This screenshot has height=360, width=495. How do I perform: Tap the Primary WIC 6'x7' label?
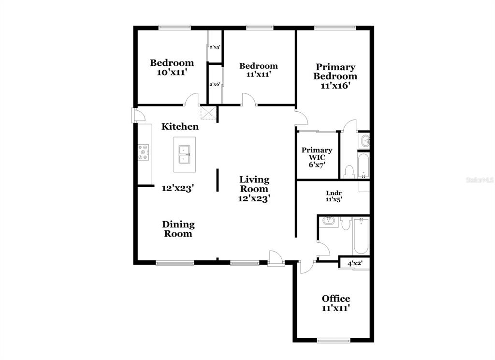(x=317, y=157)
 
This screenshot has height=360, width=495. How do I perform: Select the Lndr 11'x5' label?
(x=334, y=196)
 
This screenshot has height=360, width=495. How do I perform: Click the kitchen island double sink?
(x=184, y=154)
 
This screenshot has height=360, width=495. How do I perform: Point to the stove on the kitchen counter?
(x=143, y=152)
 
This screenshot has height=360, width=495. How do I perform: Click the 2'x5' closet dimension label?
(x=215, y=47)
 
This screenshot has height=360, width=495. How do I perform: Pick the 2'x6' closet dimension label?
(x=215, y=84)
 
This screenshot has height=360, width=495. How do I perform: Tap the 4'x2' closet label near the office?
(x=355, y=263)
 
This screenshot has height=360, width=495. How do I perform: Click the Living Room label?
(x=254, y=189)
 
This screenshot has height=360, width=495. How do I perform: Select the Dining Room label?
(x=178, y=229)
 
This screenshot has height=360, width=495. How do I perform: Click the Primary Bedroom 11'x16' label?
(x=335, y=76)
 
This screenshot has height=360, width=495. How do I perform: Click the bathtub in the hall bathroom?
(x=361, y=236)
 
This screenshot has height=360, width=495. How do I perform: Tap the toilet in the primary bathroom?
(x=349, y=172)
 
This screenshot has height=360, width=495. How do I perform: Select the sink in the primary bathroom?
(x=364, y=140)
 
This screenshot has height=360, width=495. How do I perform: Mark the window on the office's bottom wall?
(x=334, y=341)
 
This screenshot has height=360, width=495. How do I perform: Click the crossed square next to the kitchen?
(x=208, y=113)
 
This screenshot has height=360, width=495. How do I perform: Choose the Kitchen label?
(x=180, y=127)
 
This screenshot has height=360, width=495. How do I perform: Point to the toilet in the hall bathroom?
(x=346, y=223)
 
